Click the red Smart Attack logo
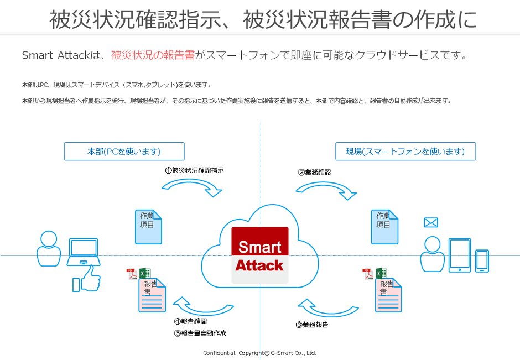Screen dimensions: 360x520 pyautogui.click(x=259, y=255)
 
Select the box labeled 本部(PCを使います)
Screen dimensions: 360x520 pyautogui.click(x=124, y=151)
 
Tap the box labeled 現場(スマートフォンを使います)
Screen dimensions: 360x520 pyautogui.click(x=405, y=151)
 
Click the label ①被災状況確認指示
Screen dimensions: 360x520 pyautogui.click(x=194, y=170)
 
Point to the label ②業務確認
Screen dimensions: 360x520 pyautogui.click(x=314, y=172)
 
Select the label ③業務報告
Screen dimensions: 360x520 pyautogui.click(x=311, y=325)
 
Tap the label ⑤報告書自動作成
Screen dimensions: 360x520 pyautogui.click(x=200, y=333)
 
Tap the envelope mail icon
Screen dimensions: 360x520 pyautogui.click(x=430, y=222)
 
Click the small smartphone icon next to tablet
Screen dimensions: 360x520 pyautogui.click(x=482, y=261)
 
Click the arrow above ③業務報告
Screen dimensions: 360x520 pyautogui.click(x=329, y=306)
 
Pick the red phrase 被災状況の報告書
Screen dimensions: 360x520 pyautogui.click(x=152, y=55)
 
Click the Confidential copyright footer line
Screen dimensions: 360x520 pyautogui.click(x=259, y=353)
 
